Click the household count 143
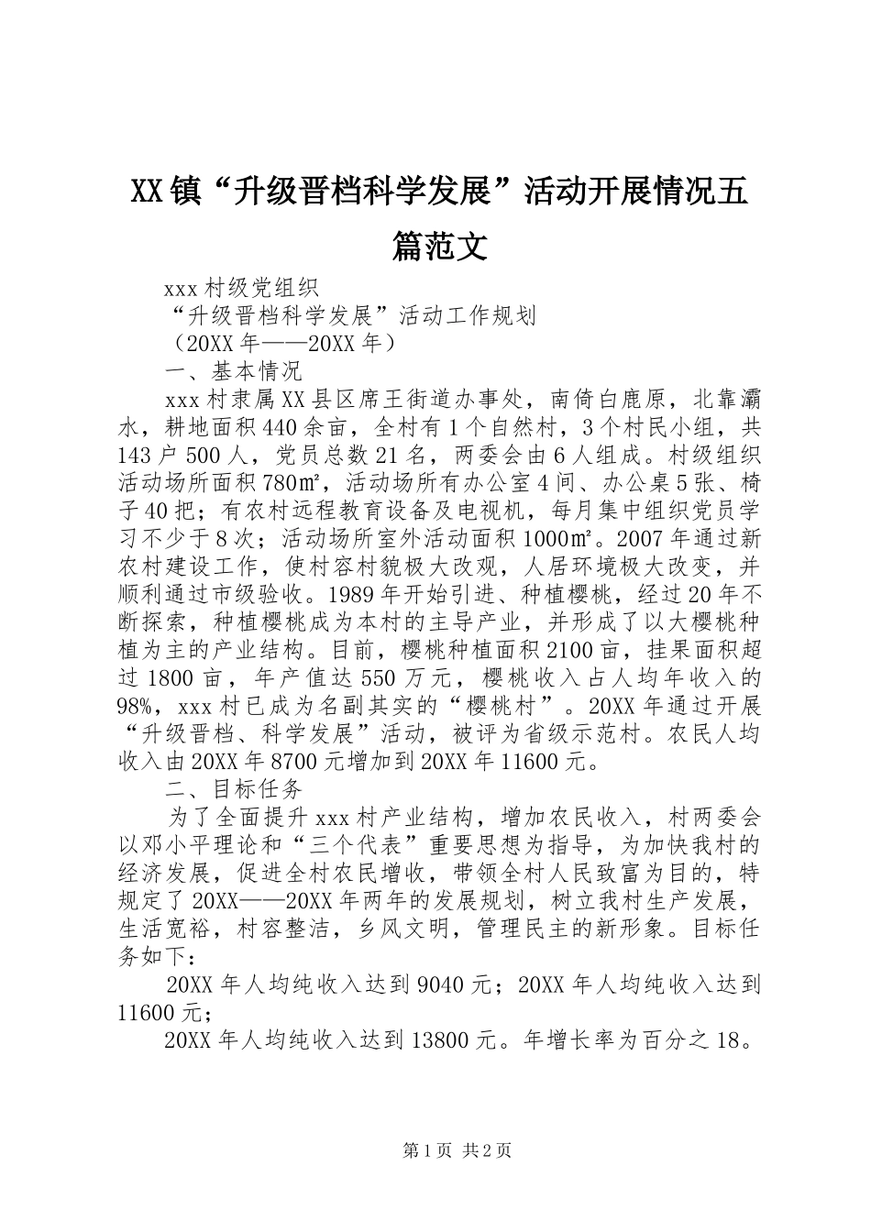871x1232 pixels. [x=138, y=456]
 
